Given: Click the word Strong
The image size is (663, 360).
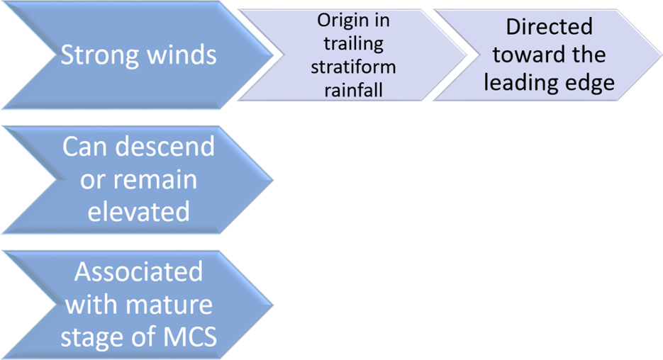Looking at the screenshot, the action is pyautogui.click(x=99, y=56).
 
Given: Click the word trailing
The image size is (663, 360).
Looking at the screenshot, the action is pyautogui.click(x=353, y=43).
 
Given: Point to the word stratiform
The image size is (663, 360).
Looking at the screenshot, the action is pyautogui.click(x=353, y=67).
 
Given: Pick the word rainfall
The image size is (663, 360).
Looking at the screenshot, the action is pyautogui.click(x=353, y=90).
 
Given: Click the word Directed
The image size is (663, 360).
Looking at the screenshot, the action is pyautogui.click(x=549, y=27).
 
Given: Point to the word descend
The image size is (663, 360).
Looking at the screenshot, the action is pyautogui.click(x=165, y=147).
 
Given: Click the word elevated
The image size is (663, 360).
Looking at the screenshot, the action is pyautogui.click(x=138, y=211).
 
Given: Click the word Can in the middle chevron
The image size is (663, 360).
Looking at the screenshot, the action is pyautogui.click(x=84, y=147).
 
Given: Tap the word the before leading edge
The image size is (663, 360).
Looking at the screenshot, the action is pyautogui.click(x=589, y=55).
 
